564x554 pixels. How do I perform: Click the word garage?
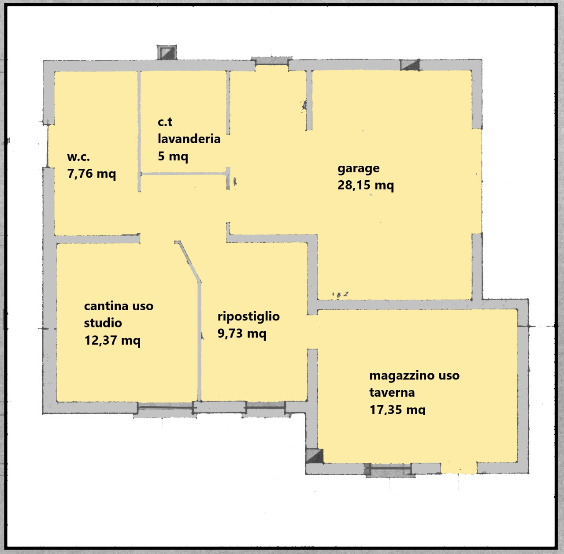(358, 169)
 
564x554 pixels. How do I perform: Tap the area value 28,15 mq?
(365, 185)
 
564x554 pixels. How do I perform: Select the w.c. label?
(78, 157)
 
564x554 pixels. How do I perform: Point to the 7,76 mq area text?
(91, 174)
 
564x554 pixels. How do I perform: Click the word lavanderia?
(189, 139)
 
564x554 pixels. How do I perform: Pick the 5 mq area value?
(173, 156)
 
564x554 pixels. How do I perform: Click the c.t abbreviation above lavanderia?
(165, 122)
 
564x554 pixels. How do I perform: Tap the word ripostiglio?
(249, 316)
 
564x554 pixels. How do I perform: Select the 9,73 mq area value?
(242, 333)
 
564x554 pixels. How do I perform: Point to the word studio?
(103, 323)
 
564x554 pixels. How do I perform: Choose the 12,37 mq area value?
(112, 340)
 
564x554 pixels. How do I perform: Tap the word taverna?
(392, 393)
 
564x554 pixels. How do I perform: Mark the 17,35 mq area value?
(397, 410)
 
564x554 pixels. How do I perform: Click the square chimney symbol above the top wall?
(167, 52)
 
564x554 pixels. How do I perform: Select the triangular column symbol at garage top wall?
(410, 65)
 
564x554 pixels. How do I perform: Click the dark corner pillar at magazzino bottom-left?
(315, 456)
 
